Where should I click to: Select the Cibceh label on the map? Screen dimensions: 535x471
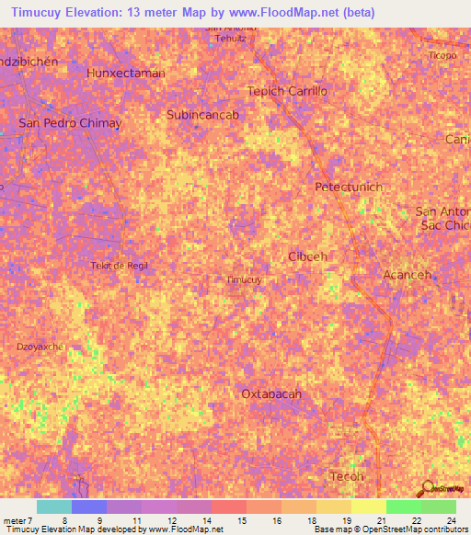(x=307, y=256)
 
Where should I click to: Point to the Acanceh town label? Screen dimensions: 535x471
(x=406, y=275)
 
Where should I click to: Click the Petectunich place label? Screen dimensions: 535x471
(x=349, y=187)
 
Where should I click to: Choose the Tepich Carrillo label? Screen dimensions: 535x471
(x=287, y=91)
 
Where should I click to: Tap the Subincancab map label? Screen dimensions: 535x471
(x=203, y=115)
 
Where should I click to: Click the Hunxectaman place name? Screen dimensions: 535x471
(x=125, y=73)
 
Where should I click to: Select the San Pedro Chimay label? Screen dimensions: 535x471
(x=70, y=122)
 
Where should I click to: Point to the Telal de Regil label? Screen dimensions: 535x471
(x=120, y=266)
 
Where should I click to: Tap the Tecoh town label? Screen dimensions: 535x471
(x=347, y=476)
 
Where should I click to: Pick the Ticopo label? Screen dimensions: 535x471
(x=442, y=55)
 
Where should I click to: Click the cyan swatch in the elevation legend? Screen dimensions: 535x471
(x=54, y=507)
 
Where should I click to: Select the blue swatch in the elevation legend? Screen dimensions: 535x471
(x=89, y=507)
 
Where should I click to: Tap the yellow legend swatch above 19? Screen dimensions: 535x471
(x=369, y=507)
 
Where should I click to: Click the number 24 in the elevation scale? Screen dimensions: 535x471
(x=451, y=520)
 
